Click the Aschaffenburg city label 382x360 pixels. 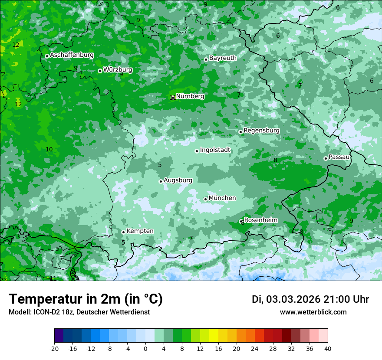click(72, 55)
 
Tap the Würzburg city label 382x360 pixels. click(118, 69)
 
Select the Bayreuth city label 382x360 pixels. click(223, 58)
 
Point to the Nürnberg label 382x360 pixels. click(190, 96)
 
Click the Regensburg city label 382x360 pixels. click(261, 131)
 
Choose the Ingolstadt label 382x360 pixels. click(215, 150)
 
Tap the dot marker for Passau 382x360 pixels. click(326, 158)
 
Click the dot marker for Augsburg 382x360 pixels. click(161, 181)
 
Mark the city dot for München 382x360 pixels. click(205, 199)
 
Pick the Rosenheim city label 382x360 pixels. click(260, 220)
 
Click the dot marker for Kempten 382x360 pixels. click(123, 232)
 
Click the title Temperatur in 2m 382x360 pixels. click(86, 299)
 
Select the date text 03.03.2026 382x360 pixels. click(293, 299)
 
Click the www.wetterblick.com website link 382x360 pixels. click(313, 312)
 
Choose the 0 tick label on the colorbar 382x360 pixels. click(145, 348)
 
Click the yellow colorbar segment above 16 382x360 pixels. click(214, 336)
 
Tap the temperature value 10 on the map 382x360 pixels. click(49, 149)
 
